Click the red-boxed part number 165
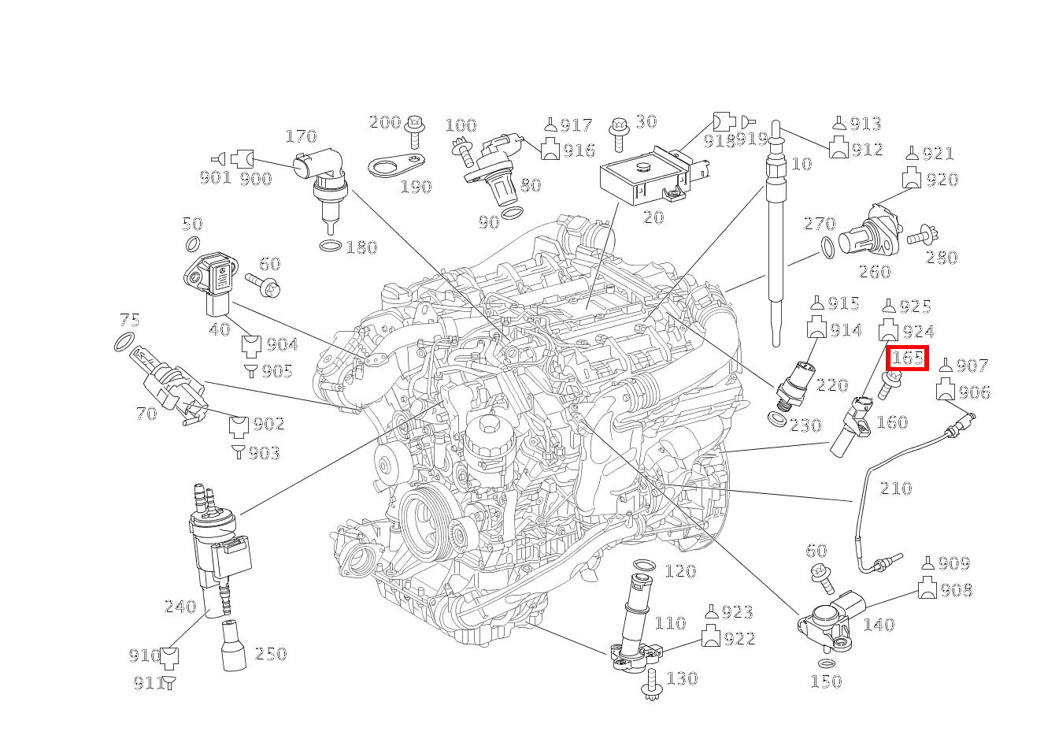coord(907,358)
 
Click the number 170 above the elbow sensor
coord(300,137)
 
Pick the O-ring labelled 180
coord(331,247)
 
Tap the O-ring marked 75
coord(124,342)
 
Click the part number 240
coord(180,607)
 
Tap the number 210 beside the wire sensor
coord(895,488)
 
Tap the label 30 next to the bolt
coord(646,122)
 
